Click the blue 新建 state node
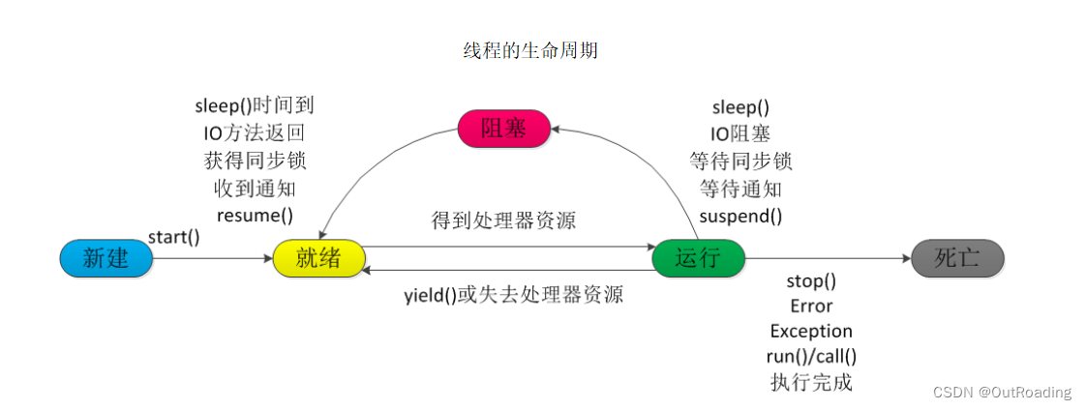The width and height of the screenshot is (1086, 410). pyautogui.click(x=106, y=258)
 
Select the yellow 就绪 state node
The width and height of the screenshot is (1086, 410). pyautogui.click(x=319, y=258)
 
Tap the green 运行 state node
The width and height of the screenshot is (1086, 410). pyautogui.click(x=698, y=258)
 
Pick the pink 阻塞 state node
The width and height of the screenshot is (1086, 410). pyautogui.click(x=503, y=128)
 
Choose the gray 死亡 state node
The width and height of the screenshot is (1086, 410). pyautogui.click(x=957, y=258)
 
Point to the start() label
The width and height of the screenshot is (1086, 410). pyautogui.click(x=174, y=236)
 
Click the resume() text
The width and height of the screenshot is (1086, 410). pyautogui.click(x=255, y=215)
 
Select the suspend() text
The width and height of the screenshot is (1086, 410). pyautogui.click(x=740, y=215)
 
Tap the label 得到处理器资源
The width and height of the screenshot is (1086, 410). pyautogui.click(x=503, y=220)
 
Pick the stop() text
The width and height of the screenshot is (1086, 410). pyautogui.click(x=811, y=281)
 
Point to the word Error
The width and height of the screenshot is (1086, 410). pyautogui.click(x=811, y=307)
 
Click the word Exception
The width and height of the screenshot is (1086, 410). pyautogui.click(x=811, y=332)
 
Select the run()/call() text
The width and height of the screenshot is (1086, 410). pyautogui.click(x=811, y=357)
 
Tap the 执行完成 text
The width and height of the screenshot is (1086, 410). pyautogui.click(x=811, y=382)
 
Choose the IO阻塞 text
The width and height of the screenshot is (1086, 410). pyautogui.click(x=740, y=133)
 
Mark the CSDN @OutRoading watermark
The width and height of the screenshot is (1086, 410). pyautogui.click(x=1002, y=392)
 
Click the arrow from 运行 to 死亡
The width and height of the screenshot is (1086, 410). pyautogui.click(x=828, y=259)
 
